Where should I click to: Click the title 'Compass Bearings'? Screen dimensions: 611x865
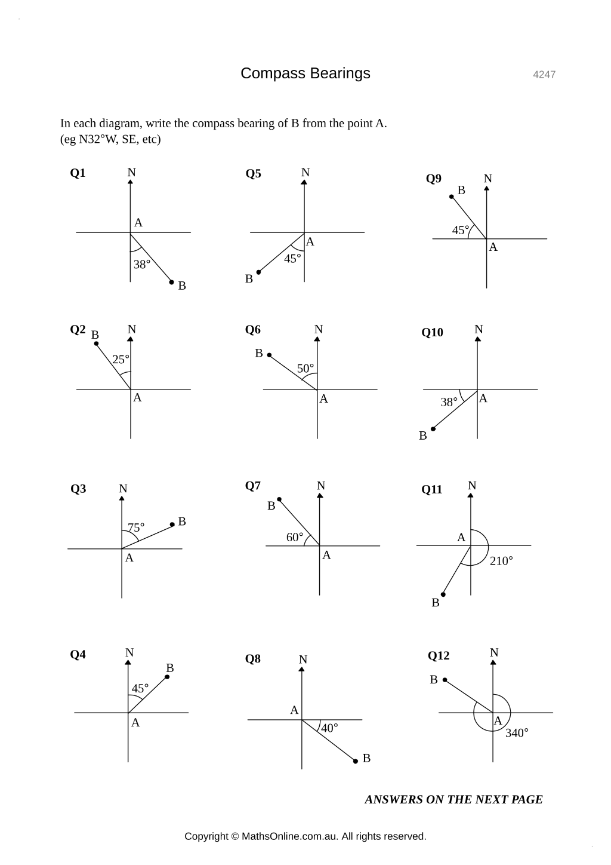(305, 73)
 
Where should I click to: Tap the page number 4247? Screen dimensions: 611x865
(544, 75)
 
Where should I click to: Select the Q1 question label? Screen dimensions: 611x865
(78, 173)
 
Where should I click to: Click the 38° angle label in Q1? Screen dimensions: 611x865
(141, 265)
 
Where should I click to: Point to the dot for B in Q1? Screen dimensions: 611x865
(172, 283)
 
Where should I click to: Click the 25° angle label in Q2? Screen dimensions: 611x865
(121, 360)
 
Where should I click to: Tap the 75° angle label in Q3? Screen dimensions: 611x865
(136, 527)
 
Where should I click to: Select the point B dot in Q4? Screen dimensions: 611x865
(167, 677)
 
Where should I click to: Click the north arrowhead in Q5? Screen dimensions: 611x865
(304, 182)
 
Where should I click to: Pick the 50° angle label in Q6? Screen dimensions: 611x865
(305, 369)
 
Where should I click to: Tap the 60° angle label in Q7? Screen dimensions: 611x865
(295, 537)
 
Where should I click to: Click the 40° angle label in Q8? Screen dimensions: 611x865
(329, 728)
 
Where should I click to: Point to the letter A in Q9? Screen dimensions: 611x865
(493, 247)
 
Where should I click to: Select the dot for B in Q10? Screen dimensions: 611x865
(433, 429)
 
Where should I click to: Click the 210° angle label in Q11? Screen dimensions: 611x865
(501, 561)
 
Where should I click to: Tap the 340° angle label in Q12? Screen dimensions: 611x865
(517, 733)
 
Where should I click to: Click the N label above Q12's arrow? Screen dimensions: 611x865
(494, 652)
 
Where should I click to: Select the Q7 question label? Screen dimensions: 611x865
(252, 486)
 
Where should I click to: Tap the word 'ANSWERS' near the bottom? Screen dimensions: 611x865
(393, 799)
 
